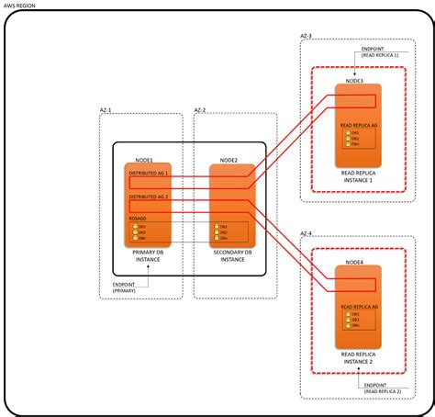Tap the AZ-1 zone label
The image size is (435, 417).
coord(105,109)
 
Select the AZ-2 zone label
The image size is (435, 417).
coord(201,109)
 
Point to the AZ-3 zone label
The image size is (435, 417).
coord(307,36)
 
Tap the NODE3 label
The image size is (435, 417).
coord(354,82)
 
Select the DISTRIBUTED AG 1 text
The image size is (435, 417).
coord(148,171)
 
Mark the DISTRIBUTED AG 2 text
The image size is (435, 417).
coord(148,196)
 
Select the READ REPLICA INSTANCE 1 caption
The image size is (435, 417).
coord(356,176)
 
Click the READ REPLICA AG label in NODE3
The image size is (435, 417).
coord(357,123)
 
